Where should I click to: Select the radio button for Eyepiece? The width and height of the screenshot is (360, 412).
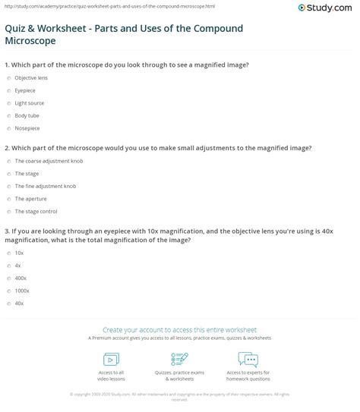click(x=8, y=90)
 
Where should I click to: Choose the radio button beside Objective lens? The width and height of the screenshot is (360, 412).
click(x=8, y=77)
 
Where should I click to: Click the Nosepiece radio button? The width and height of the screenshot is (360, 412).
click(x=8, y=128)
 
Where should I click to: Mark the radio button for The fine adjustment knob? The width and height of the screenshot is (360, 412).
click(x=8, y=186)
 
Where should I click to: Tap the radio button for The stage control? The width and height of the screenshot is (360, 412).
click(x=8, y=212)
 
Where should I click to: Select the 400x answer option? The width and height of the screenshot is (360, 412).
click(x=21, y=278)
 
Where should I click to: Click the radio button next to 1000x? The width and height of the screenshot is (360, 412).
click(x=8, y=291)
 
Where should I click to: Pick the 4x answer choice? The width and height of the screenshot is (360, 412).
click(x=18, y=265)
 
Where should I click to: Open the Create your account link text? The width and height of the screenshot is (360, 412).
click(x=180, y=331)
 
